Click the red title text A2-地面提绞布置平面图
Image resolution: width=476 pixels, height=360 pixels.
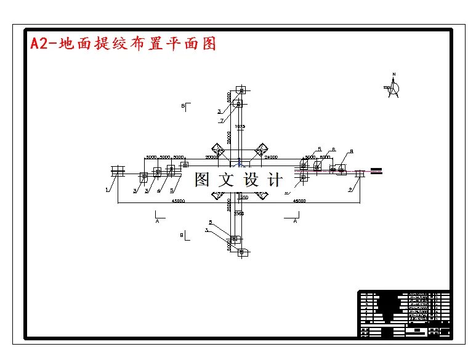click(123, 44)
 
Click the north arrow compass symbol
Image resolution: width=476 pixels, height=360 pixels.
click(393, 87)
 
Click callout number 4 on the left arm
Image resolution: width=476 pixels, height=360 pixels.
click(159, 191)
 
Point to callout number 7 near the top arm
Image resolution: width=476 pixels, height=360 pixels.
click(221, 121)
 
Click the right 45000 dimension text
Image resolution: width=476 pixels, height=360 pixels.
click(299, 201)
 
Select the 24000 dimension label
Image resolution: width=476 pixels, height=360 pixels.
click(271, 157)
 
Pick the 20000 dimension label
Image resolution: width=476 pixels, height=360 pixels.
click(211, 157)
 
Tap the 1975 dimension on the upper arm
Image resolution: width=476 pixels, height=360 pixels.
click(240, 126)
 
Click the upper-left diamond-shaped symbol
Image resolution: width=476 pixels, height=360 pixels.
click(218, 150)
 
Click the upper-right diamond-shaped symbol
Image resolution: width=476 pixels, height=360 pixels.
click(261, 150)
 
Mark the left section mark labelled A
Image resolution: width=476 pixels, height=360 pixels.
click(158, 218)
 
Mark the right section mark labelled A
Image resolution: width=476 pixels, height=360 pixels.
click(295, 218)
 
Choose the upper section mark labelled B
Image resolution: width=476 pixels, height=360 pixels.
click(184, 106)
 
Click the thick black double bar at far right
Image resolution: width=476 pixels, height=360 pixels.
click(377, 170)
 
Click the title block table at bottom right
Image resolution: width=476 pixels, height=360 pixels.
click(404, 313)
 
